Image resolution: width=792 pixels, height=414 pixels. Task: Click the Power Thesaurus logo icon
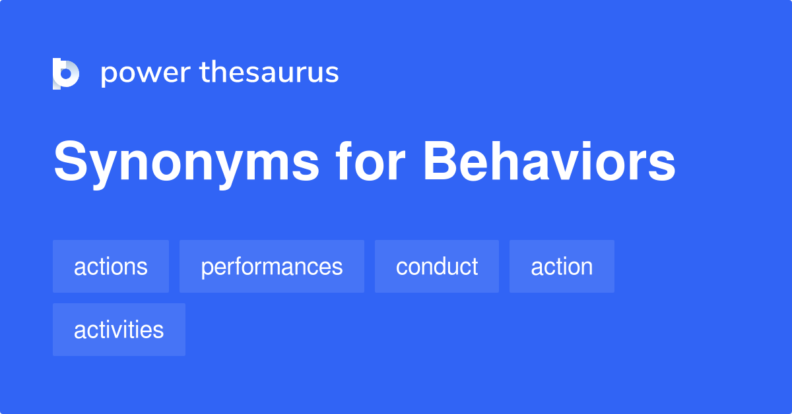pyautogui.click(x=66, y=73)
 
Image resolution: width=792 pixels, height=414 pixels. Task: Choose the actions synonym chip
pyautogui.click(x=111, y=266)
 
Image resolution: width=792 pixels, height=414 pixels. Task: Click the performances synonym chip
pyautogui.click(x=272, y=266)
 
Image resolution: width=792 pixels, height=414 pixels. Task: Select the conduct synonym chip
pyautogui.click(x=437, y=266)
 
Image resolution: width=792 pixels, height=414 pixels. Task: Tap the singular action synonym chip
pyautogui.click(x=562, y=266)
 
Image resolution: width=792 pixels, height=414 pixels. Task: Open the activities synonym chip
pyautogui.click(x=119, y=330)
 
